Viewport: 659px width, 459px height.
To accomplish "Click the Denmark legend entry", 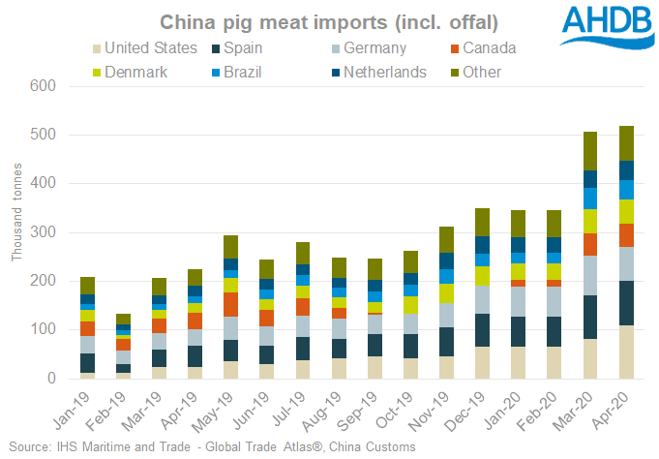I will (135, 72).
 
